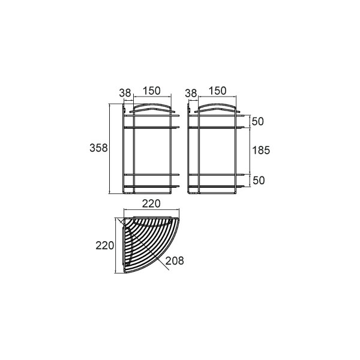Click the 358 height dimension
pyautogui.click(x=98, y=148)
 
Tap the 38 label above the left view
pyautogui.click(x=125, y=93)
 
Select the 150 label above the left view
pyautogui.click(x=152, y=91)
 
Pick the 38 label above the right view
pyautogui.click(x=191, y=93)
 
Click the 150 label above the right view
pyautogui.click(x=217, y=91)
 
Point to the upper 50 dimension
pyautogui.click(x=258, y=121)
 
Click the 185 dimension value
pyautogui.click(x=261, y=151)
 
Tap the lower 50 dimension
pyautogui.click(x=259, y=181)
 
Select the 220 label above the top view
pyautogui.click(x=151, y=203)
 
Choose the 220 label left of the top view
pyautogui.click(x=104, y=245)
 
